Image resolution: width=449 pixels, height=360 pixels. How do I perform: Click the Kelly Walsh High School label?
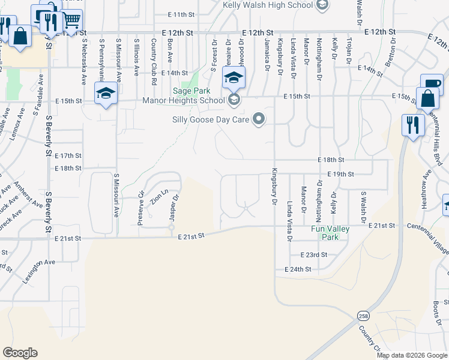(268, 5)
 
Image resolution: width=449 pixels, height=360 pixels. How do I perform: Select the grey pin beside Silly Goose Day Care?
(259, 119)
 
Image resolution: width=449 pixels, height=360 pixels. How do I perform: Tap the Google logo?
(20, 353)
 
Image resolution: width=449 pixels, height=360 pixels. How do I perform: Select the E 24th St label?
(298, 269)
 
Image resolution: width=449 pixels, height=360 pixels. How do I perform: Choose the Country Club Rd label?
(154, 53)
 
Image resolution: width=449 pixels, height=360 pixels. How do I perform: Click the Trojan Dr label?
(349, 50)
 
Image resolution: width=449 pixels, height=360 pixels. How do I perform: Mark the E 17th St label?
(67, 155)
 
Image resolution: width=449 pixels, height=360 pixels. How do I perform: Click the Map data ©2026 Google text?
(412, 355)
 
